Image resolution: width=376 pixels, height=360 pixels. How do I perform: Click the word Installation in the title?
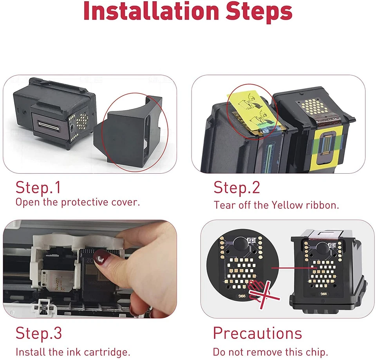tap(151, 11)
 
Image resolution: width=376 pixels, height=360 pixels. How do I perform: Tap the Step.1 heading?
tap(38, 187)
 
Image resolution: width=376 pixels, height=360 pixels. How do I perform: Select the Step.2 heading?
tap(237, 187)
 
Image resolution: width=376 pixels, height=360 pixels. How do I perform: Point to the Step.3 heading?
tap(39, 333)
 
